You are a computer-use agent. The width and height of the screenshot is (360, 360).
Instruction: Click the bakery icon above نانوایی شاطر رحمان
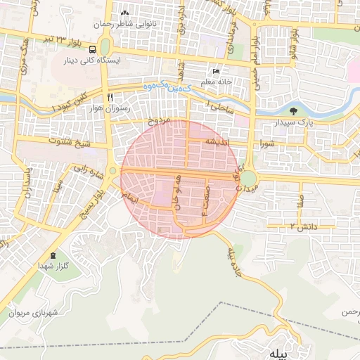pyautogui.click(x=125, y=13)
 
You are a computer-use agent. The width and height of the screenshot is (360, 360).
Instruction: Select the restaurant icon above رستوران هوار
pyautogui.click(x=110, y=97)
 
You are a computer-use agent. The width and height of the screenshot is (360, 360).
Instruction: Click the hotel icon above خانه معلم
pyautogui.click(x=216, y=72)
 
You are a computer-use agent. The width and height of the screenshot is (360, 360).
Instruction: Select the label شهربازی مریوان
pyautogui.click(x=37, y=312)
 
